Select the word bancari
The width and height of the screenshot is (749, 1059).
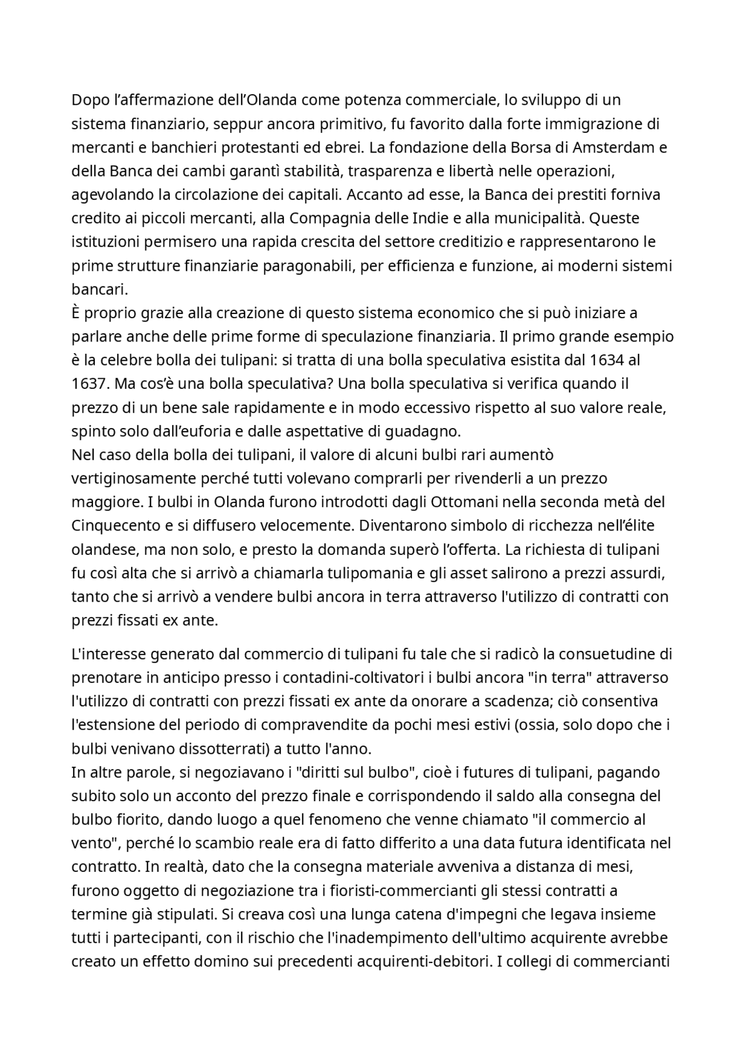pos(98,289)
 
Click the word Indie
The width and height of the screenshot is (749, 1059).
pos(431,218)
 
